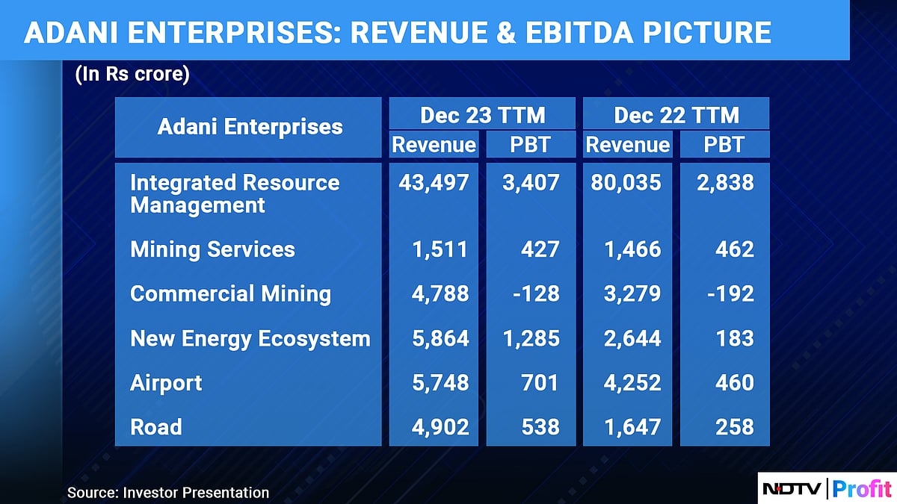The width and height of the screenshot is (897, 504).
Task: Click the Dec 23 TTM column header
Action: [482, 114]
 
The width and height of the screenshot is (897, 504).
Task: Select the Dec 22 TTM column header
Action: [676, 114]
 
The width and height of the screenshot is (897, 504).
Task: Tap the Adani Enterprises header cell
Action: [250, 126]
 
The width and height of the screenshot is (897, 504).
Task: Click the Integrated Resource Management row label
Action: [235, 193]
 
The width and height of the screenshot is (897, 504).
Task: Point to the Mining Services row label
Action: [212, 249]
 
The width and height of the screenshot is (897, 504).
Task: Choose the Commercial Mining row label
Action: [230, 293]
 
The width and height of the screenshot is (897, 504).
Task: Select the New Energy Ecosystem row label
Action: [250, 338]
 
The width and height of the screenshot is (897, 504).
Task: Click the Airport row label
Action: [166, 382]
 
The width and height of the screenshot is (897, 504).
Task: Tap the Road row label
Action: [155, 426]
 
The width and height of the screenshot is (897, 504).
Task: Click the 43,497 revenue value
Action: [434, 183]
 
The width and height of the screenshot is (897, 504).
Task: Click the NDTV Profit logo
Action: [827, 489]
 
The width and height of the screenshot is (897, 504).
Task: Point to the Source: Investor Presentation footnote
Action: [168, 492]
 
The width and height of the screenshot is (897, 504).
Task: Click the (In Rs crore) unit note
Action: [132, 76]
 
